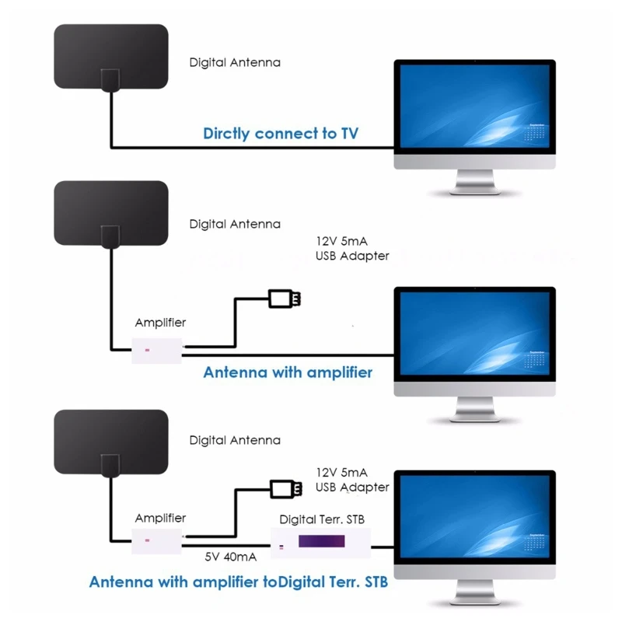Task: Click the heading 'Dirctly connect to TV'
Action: point(281,133)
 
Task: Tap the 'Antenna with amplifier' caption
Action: point(288,372)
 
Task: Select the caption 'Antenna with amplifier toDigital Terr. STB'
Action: point(238,582)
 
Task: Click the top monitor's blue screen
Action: point(474,107)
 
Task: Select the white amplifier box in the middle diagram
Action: point(157,350)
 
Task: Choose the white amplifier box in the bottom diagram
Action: point(157,540)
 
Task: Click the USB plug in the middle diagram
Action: point(285,299)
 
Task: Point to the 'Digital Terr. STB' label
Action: point(322,519)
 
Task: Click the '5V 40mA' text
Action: point(232,557)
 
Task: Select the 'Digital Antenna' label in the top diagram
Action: point(235,62)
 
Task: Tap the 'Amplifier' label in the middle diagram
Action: point(160,322)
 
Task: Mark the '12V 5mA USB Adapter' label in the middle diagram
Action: point(352,248)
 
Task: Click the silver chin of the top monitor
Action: point(474,162)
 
